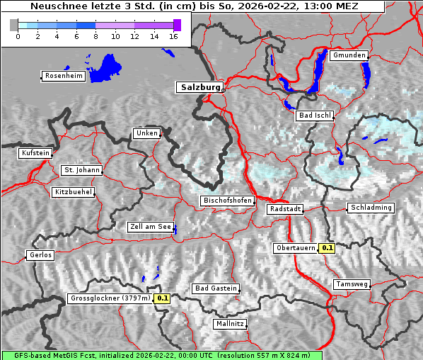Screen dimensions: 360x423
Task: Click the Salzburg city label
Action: (x=199, y=87)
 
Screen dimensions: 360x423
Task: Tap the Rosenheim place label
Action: (x=63, y=76)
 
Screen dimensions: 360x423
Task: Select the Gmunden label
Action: (x=349, y=55)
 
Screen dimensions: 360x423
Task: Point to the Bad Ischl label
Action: (x=315, y=116)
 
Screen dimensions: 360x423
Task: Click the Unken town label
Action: (x=146, y=133)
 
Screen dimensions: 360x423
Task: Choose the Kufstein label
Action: (x=35, y=153)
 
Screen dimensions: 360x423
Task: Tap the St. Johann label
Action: (x=81, y=170)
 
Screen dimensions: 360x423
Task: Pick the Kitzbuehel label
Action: (x=73, y=192)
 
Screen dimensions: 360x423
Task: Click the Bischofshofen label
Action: (x=227, y=201)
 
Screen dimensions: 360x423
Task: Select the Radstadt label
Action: (x=285, y=209)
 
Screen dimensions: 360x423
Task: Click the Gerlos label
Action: (x=40, y=255)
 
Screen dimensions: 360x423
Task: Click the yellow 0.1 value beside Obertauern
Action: (x=327, y=248)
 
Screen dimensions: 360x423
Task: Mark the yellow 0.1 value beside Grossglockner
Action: (x=163, y=298)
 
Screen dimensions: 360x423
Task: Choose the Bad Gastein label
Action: (x=216, y=288)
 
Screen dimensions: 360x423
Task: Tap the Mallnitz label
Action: (x=230, y=324)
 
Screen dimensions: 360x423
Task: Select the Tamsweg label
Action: (x=352, y=284)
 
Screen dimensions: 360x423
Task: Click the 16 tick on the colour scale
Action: (x=173, y=37)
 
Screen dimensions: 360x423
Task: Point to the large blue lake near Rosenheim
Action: (x=107, y=68)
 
